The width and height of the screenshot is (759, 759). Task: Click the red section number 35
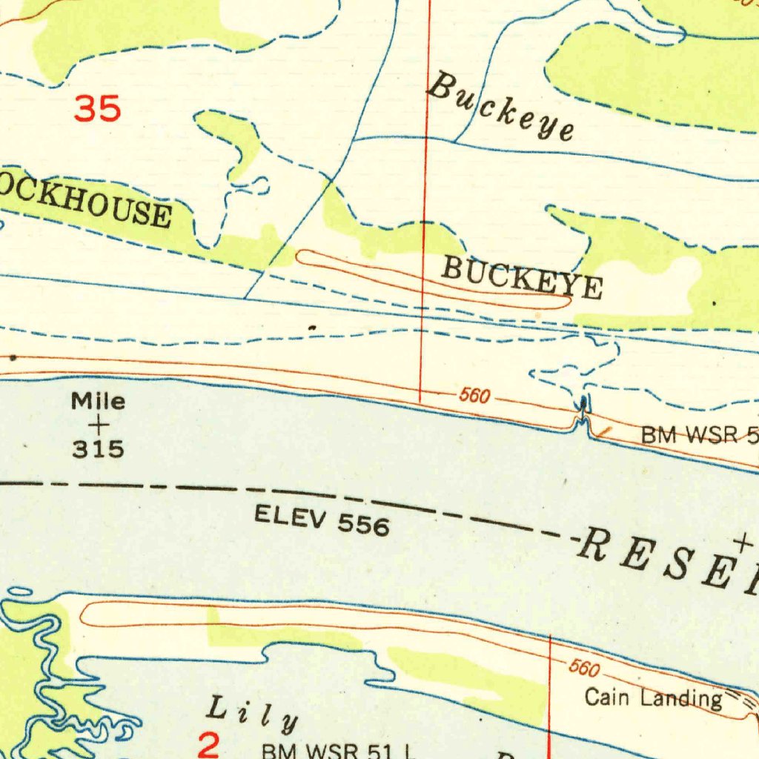[x=97, y=110]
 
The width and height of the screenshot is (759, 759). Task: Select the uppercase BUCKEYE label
[x=522, y=277]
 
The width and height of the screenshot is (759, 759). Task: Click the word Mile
[x=98, y=402]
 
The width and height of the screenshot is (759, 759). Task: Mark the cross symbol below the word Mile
[x=98, y=425]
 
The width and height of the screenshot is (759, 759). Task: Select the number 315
[x=98, y=449]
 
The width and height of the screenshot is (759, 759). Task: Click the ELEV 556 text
[x=322, y=520]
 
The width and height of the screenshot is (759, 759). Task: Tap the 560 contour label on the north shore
[x=474, y=396]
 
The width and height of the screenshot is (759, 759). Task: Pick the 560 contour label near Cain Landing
[x=583, y=669]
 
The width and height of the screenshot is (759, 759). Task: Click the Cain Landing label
[x=653, y=697]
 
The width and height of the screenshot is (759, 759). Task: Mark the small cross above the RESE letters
[x=743, y=543]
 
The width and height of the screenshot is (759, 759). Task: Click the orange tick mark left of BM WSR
[x=606, y=431]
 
